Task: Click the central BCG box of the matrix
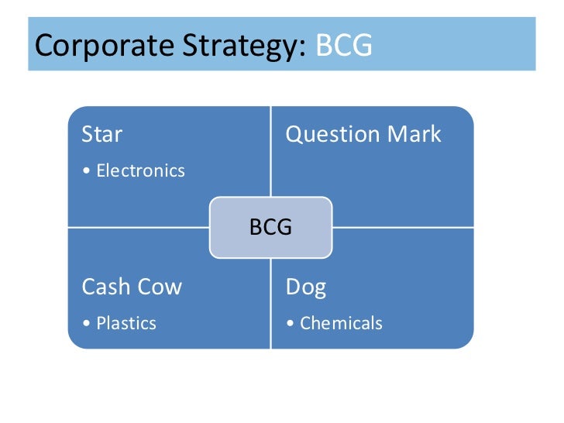click(270, 228)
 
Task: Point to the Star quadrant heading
click(102, 134)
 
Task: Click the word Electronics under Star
click(140, 170)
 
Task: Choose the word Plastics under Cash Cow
click(126, 323)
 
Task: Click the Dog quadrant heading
click(306, 288)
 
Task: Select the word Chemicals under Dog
click(341, 323)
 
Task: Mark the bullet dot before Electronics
click(87, 171)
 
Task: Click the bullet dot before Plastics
click(87, 324)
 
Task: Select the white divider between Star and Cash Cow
click(139, 228)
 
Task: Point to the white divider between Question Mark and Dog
click(403, 228)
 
